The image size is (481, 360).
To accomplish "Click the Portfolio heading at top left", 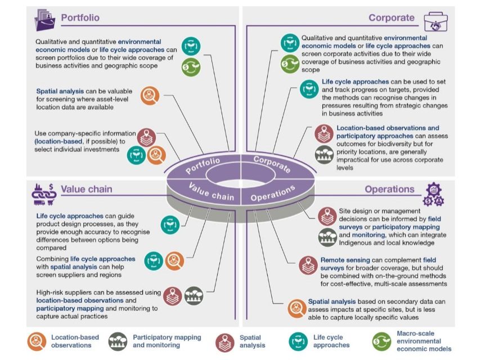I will pos(80,17).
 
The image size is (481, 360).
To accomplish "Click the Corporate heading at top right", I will pos(391,17).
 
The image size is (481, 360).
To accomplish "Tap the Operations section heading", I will pos(389,189).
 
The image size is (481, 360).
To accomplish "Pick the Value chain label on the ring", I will pos(211,192).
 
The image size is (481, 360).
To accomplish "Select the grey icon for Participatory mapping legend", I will pos(118,341).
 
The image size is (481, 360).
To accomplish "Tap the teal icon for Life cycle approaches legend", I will pos(299,341).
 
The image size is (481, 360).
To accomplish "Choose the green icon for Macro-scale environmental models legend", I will pos(382,341).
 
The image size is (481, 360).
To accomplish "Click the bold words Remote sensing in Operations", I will pos(344,260).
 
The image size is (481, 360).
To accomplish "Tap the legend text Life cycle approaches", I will pos(331,341).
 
